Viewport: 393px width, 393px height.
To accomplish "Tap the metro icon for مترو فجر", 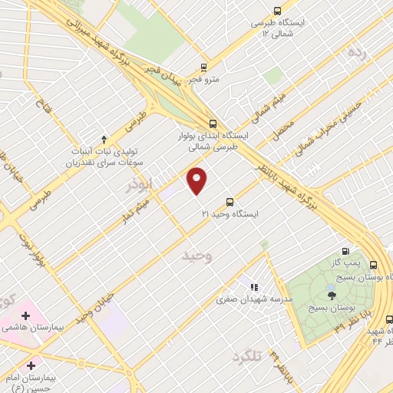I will [x=203, y=67].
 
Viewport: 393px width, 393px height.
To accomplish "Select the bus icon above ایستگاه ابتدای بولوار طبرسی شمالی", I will [x=213, y=123].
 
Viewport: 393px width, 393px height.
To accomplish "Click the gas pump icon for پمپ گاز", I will [x=345, y=251].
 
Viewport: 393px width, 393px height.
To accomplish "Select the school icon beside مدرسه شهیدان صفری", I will [x=253, y=288].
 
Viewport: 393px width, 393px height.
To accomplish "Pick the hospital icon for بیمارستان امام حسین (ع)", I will [x=31, y=364].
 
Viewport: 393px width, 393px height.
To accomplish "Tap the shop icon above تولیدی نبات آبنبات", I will [x=104, y=138].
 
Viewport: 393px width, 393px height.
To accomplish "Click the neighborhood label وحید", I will [x=196, y=256].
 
